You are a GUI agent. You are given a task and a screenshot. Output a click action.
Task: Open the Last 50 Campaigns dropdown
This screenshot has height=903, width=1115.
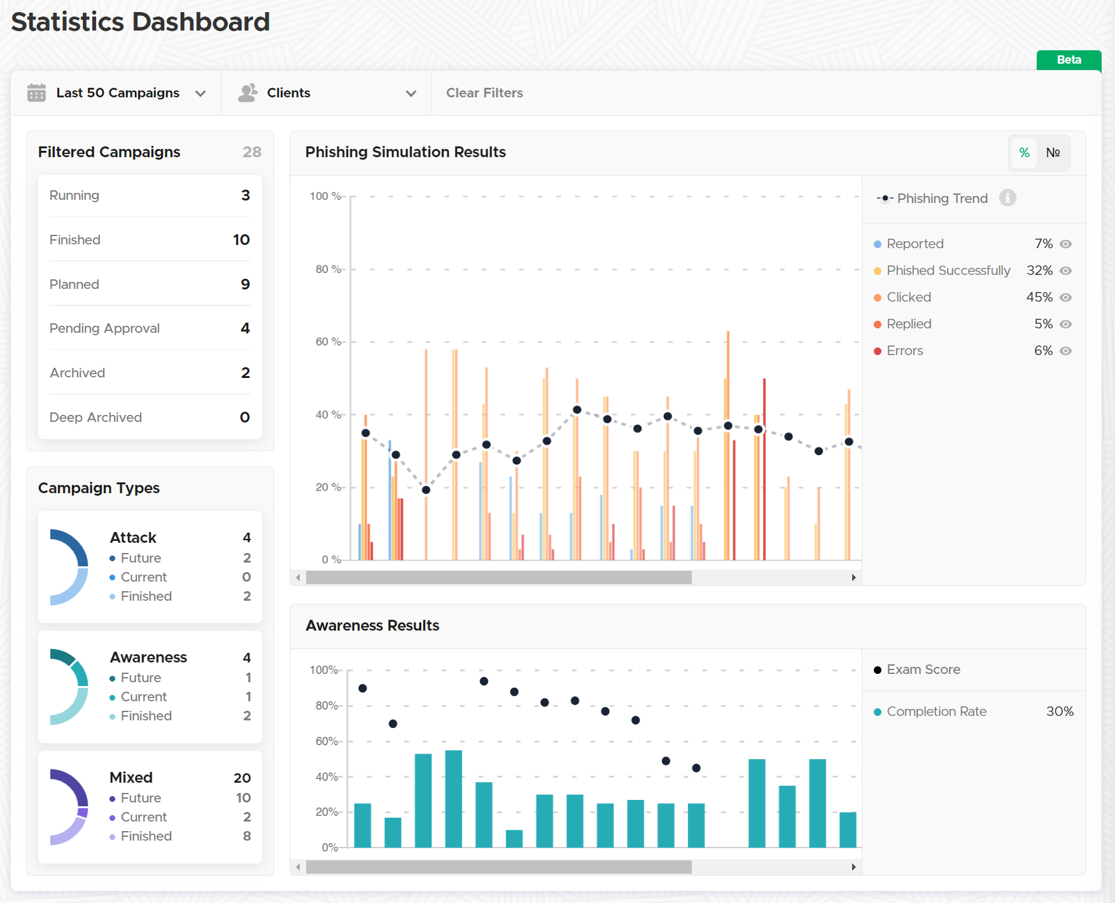[x=117, y=93]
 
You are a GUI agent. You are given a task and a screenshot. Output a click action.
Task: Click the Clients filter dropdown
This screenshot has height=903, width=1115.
[x=326, y=93]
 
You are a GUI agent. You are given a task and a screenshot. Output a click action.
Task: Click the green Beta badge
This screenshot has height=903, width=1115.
[x=1069, y=60]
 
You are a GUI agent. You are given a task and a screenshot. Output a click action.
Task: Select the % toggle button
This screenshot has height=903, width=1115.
[x=1024, y=153]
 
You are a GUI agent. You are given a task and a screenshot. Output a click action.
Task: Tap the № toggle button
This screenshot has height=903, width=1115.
[x=1053, y=153]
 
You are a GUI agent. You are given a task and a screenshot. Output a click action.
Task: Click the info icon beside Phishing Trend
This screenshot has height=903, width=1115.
[x=1007, y=198]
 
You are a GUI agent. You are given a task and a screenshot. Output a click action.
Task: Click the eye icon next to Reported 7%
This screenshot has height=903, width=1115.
[x=1066, y=244]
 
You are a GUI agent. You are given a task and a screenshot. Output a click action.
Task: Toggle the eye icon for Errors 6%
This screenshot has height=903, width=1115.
[x=1066, y=351]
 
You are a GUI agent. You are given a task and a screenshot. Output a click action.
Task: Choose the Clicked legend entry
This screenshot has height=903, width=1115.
[x=909, y=297]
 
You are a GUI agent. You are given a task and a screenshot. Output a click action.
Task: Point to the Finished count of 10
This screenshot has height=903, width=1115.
[x=241, y=240]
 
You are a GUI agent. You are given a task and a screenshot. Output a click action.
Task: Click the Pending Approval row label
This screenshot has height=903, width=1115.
[x=104, y=328]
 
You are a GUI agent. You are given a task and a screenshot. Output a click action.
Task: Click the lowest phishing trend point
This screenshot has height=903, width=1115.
[x=426, y=490]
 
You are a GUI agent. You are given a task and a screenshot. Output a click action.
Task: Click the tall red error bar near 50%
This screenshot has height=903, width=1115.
[x=764, y=469]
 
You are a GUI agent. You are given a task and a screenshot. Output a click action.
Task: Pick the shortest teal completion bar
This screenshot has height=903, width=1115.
[x=514, y=839]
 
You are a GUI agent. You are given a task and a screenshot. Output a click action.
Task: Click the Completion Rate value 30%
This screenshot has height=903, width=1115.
[x=1060, y=711]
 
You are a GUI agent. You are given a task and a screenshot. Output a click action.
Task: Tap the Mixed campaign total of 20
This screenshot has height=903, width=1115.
[x=242, y=778]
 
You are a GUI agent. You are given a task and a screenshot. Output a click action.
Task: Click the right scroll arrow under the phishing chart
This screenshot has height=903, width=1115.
[x=853, y=578]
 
